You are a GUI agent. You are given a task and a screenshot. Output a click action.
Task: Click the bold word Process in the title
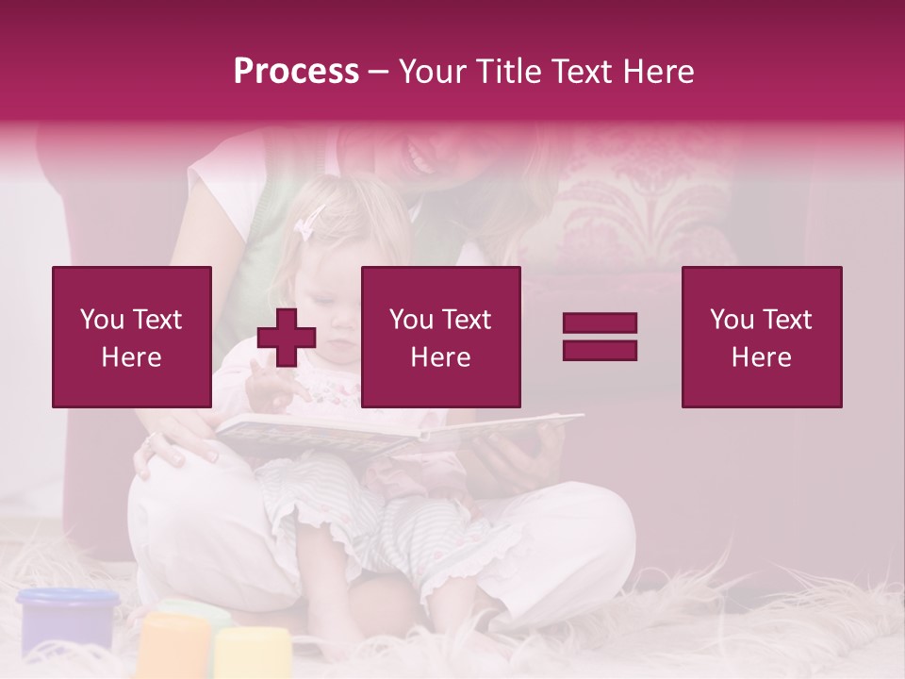296,72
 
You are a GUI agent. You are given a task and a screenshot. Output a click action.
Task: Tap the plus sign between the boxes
287,338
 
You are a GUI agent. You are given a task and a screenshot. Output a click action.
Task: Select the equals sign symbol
600,337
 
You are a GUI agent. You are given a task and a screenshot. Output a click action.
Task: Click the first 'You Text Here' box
132,337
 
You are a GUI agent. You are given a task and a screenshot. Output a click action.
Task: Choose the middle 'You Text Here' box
440,337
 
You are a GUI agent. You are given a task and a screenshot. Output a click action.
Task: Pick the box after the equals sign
762,337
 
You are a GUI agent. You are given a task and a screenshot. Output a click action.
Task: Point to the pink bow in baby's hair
309,224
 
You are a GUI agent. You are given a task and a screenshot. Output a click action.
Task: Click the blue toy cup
68,619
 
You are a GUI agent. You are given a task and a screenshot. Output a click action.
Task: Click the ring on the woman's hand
149,439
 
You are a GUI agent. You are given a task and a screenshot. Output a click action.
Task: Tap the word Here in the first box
131,357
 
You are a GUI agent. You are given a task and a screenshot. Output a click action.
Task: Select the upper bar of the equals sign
600,323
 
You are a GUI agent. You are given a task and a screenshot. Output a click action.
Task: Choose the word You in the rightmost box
732,320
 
